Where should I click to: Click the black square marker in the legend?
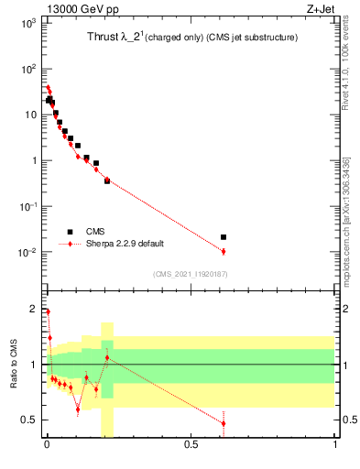click(x=69, y=232)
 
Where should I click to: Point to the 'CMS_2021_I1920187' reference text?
click(x=190, y=273)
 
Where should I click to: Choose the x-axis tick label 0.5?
click(x=191, y=446)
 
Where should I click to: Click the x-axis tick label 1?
click(x=334, y=446)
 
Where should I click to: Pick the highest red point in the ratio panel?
click(x=48, y=311)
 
